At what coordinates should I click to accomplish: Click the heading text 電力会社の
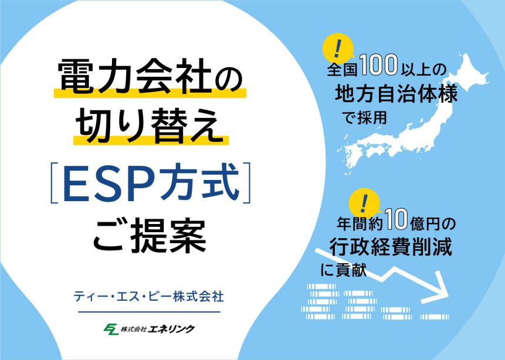(150, 76)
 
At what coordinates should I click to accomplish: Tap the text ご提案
(150, 235)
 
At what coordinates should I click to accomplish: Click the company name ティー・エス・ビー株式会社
(149, 297)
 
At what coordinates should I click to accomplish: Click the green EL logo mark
(111, 329)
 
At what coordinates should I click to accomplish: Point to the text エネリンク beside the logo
(171, 329)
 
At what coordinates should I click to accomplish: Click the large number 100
(379, 64)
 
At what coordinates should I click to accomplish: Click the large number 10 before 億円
(396, 219)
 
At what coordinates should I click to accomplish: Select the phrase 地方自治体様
(396, 94)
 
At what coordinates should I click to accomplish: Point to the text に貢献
(344, 270)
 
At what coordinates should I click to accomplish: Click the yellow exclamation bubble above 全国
(338, 49)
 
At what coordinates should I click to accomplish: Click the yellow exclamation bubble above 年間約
(364, 203)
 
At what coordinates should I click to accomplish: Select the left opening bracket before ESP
(53, 183)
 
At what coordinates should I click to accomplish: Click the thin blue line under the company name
(150, 312)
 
